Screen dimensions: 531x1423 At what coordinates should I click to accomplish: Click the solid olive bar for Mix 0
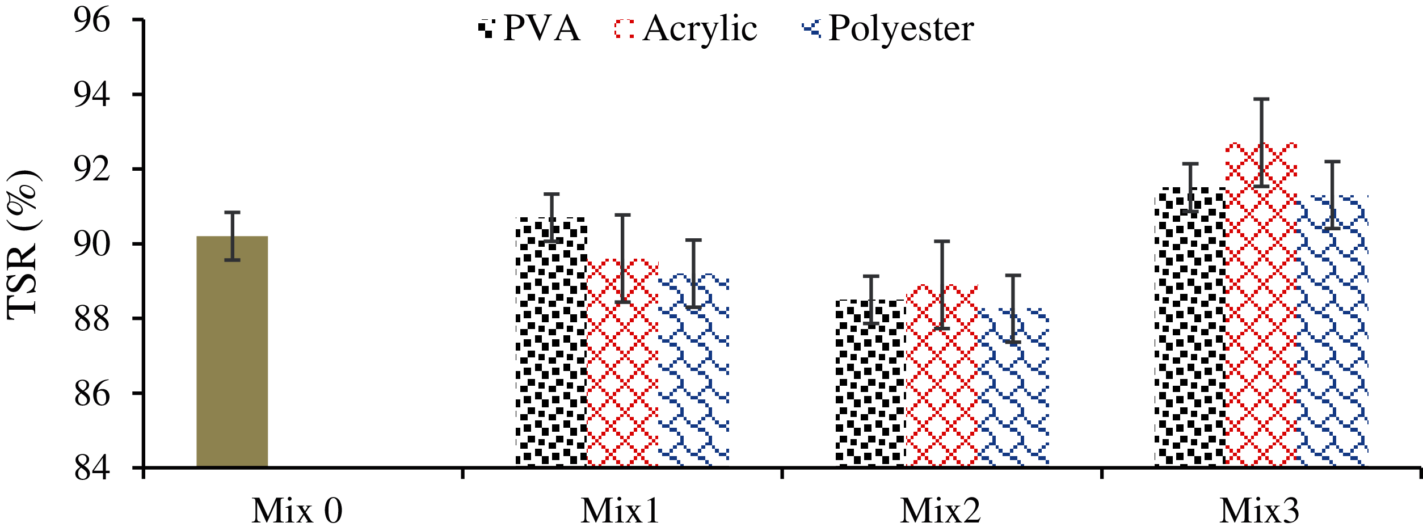tap(232, 352)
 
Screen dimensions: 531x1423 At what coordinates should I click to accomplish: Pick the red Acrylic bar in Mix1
tap(622, 363)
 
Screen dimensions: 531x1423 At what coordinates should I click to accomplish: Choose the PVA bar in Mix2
tap(870, 383)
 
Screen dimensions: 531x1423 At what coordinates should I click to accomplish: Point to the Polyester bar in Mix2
tap(1013, 388)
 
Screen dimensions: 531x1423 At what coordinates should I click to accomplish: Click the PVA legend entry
tap(530, 28)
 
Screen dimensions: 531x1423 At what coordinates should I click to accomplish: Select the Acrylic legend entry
tap(685, 28)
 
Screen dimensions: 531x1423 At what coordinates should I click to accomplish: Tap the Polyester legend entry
tap(889, 28)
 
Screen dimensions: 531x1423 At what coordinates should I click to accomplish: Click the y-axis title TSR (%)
tap(23, 245)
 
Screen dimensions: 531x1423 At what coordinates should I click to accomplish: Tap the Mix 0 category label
tap(297, 511)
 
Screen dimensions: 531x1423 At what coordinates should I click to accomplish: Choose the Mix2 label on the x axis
tap(940, 511)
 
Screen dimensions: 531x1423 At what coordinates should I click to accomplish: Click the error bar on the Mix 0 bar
tap(232, 236)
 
